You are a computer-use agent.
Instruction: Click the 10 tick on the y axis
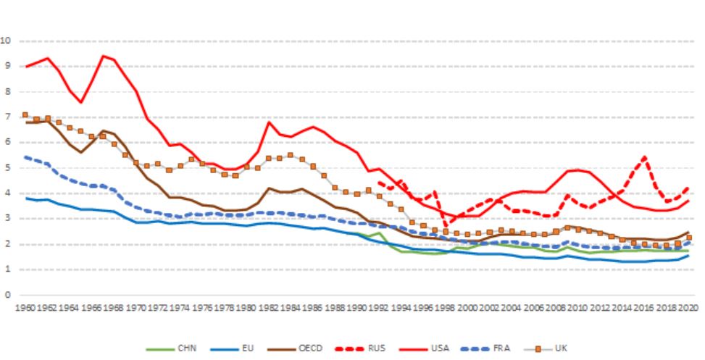(8, 41)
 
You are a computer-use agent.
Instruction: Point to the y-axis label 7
(8, 117)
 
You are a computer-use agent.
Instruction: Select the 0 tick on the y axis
(8, 295)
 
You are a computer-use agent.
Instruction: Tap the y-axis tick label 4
(8, 193)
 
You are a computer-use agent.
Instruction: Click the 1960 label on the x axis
(25, 307)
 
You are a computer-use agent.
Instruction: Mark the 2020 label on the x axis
(687, 307)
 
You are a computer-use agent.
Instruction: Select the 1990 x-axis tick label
(356, 307)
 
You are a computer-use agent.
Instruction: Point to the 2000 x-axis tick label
(467, 307)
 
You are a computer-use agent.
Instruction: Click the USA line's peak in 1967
(104, 56)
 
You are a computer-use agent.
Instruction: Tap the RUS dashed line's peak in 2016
(644, 157)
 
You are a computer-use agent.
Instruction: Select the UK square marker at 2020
(688, 238)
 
